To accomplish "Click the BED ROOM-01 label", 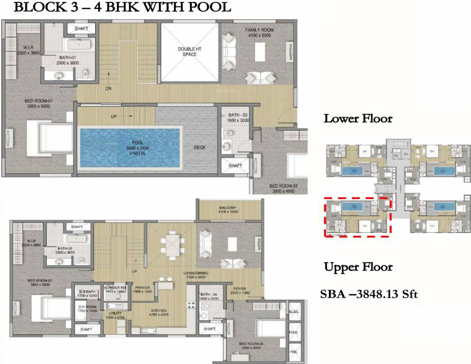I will [38, 104].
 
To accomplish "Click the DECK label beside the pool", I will [199, 147].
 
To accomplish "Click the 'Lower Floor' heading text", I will [358, 118].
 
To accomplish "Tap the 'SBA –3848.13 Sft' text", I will [369, 294].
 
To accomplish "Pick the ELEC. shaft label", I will [294, 311].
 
